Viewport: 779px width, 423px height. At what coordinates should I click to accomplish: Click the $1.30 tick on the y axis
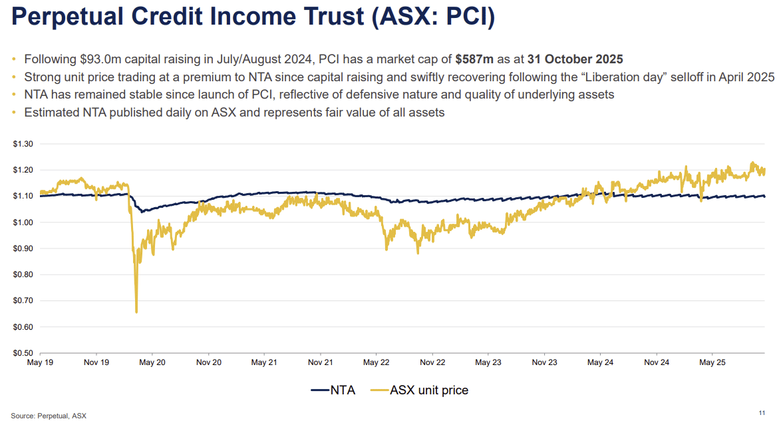pyautogui.click(x=24, y=144)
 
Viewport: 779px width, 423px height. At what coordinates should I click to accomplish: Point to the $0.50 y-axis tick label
pyautogui.click(x=24, y=353)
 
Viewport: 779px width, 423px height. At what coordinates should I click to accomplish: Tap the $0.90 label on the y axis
pyautogui.click(x=24, y=248)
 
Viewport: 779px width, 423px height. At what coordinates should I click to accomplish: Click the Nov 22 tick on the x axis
pyautogui.click(x=432, y=363)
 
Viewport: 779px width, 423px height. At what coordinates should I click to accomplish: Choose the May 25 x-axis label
pyautogui.click(x=712, y=363)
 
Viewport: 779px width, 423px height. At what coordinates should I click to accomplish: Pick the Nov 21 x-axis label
pyautogui.click(x=320, y=363)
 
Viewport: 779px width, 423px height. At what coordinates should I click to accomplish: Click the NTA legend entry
pyautogui.click(x=333, y=390)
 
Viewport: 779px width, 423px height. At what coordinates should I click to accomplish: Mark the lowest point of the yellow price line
pyautogui.click(x=136, y=312)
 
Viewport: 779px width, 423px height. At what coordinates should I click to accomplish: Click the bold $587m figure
pyautogui.click(x=474, y=58)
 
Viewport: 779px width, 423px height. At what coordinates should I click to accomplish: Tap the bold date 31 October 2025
pyautogui.click(x=575, y=58)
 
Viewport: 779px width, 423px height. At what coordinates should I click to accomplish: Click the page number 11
pyautogui.click(x=762, y=412)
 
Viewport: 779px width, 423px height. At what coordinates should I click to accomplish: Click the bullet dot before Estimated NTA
pyautogui.click(x=15, y=113)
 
